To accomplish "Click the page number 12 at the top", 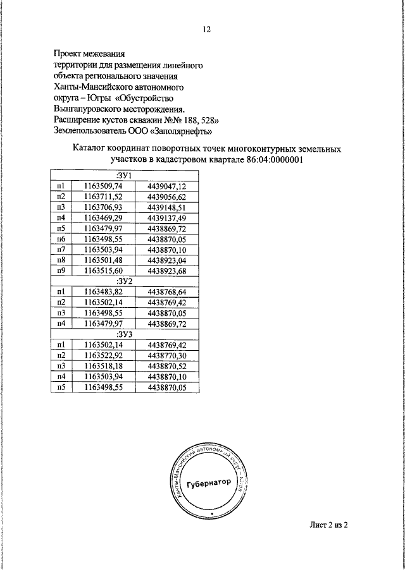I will pos(206,30).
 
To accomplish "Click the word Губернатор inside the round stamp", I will pos(206,484).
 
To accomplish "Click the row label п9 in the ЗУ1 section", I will pos(61,271).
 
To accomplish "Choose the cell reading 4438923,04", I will pos(166,260).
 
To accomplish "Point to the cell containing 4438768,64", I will pos(166,292).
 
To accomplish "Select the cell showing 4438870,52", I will pos(166,367).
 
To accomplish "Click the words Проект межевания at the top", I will pos(89,52).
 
